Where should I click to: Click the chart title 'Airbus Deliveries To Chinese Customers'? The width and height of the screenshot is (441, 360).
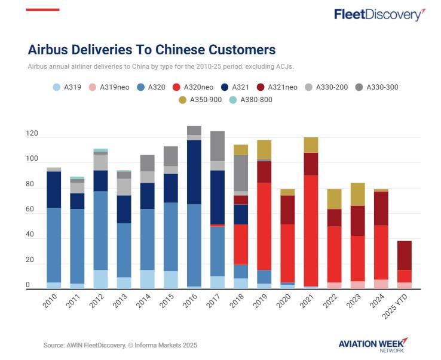pos(152,49)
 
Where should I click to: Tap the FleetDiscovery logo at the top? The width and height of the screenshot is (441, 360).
pos(379,14)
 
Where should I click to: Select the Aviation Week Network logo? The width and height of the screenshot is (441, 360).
pos(372,344)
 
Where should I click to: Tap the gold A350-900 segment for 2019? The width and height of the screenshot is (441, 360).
pos(264,149)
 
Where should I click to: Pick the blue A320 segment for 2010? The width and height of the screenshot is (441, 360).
pos(54,245)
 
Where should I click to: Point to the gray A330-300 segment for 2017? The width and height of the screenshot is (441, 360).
pos(217,146)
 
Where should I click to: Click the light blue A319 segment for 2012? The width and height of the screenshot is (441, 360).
pos(100,279)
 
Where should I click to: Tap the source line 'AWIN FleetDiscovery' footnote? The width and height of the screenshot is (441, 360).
pos(120,345)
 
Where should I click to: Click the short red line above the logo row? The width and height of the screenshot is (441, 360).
pos(43,10)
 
